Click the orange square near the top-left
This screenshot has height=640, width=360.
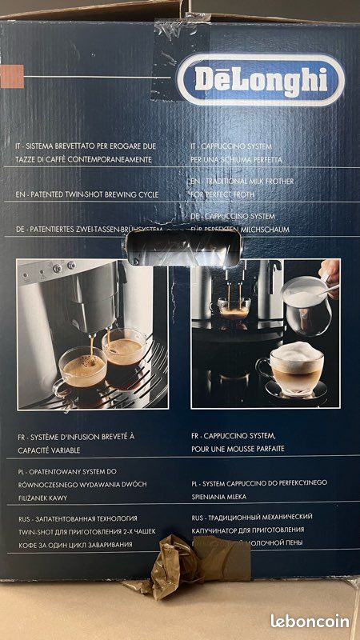(x=10, y=76)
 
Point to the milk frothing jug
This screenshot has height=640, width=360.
(x=308, y=304)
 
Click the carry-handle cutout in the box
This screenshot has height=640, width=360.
(x=182, y=243)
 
